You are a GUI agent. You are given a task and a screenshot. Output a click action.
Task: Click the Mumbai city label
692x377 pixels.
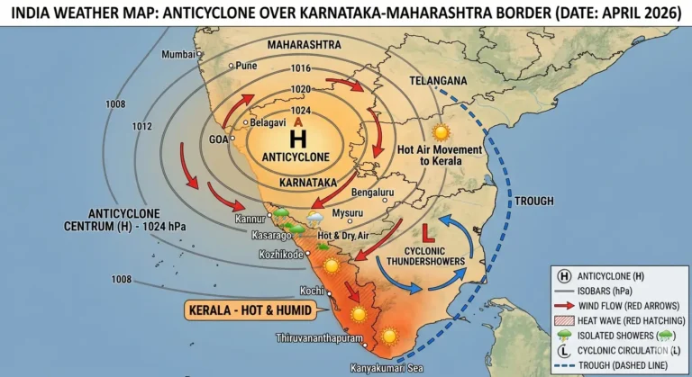[178, 55]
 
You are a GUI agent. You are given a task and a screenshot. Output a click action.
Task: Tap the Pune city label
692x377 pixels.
[246, 66]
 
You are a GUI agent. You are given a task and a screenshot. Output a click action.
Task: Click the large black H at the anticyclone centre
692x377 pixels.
[296, 139]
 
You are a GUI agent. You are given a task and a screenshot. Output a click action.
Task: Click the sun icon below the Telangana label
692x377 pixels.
[440, 132]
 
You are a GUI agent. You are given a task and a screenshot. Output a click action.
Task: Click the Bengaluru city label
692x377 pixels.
[374, 193]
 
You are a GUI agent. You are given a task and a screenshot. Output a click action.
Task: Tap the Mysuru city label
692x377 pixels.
[347, 213]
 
